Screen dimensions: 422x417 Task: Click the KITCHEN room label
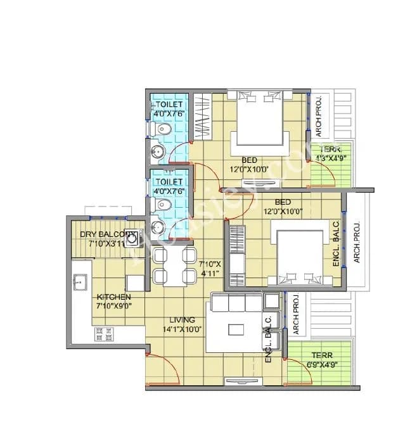[114, 297]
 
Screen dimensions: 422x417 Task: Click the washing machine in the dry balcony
[131, 237]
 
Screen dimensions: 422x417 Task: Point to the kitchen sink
[80, 282]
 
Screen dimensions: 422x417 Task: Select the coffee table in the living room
[236, 329]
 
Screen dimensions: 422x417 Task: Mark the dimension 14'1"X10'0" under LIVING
[181, 329]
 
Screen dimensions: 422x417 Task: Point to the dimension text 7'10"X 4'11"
[209, 268]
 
